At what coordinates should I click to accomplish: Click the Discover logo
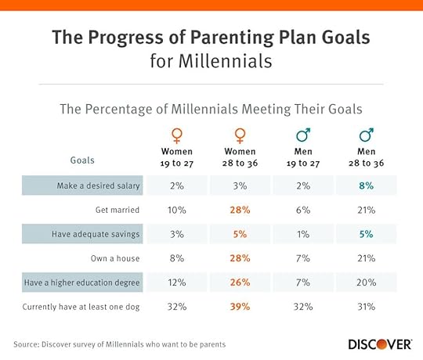tap(381, 344)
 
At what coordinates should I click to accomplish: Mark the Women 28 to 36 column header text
tap(240, 157)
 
